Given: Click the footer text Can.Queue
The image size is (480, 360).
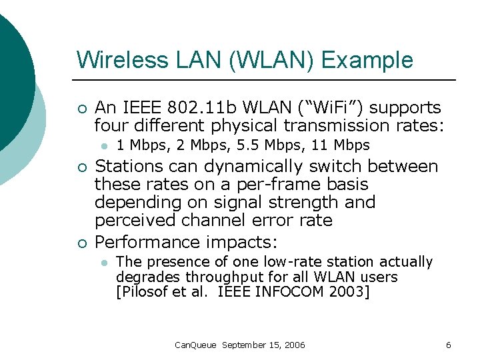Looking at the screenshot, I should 195,345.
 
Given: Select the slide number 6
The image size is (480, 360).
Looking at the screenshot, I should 448,345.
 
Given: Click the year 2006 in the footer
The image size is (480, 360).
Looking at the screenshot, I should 294,345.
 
